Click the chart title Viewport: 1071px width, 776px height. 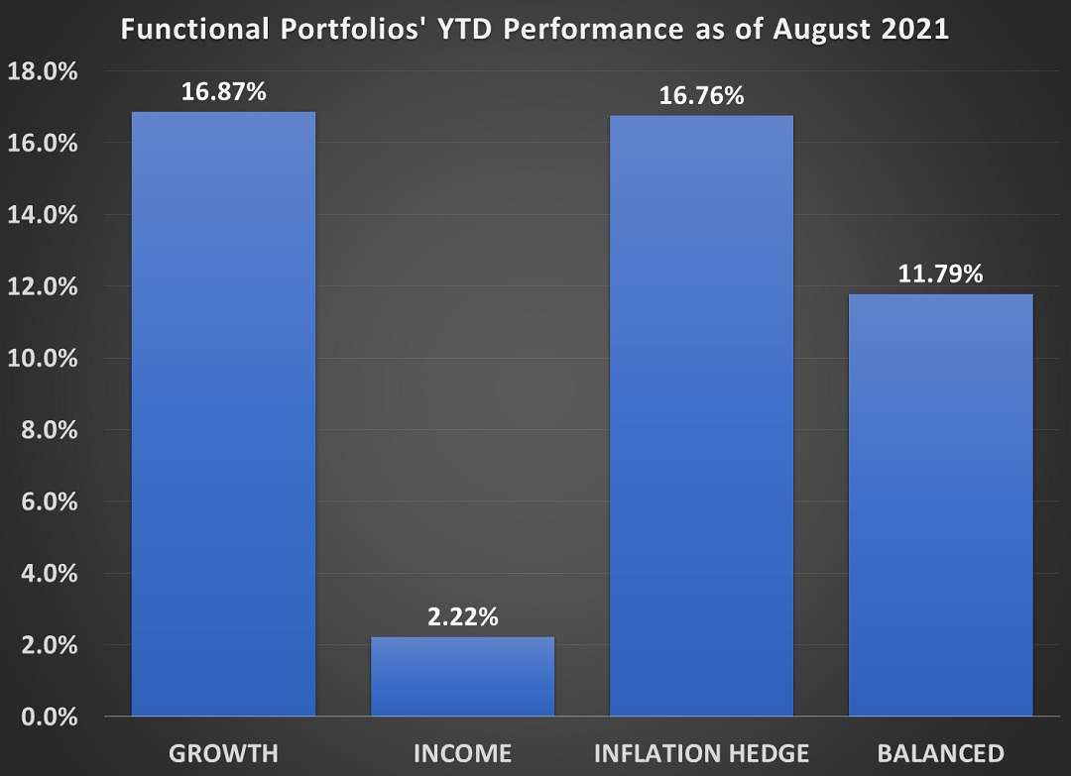tap(535, 30)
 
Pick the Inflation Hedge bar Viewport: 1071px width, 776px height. tap(701, 415)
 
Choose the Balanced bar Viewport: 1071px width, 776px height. tap(940, 504)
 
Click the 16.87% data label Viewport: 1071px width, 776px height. tap(223, 92)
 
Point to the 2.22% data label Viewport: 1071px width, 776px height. tap(462, 617)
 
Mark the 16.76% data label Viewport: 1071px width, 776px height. tap(701, 96)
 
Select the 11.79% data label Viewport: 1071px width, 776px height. tap(940, 275)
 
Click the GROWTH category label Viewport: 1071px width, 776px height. tap(223, 752)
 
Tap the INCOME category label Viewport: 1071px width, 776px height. tap(462, 752)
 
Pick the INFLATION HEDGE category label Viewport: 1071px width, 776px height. tap(701, 752)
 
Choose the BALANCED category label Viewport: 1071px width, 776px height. tap(940, 752)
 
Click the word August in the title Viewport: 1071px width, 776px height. tap(825, 30)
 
